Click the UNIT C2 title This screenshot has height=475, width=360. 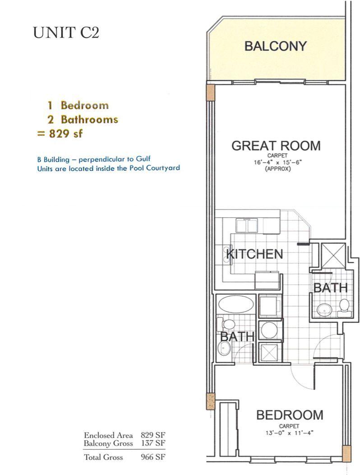(66, 33)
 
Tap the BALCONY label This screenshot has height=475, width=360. (275, 46)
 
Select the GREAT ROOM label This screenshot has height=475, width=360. (276, 146)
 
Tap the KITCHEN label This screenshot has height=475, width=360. (254, 254)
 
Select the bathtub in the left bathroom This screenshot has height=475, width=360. (235, 304)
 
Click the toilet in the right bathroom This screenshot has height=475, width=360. (344, 306)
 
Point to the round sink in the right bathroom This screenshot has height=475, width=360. (323, 310)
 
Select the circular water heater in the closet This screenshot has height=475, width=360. (270, 329)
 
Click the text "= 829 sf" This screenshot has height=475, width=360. (62, 134)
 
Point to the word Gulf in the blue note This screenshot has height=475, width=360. (143, 159)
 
